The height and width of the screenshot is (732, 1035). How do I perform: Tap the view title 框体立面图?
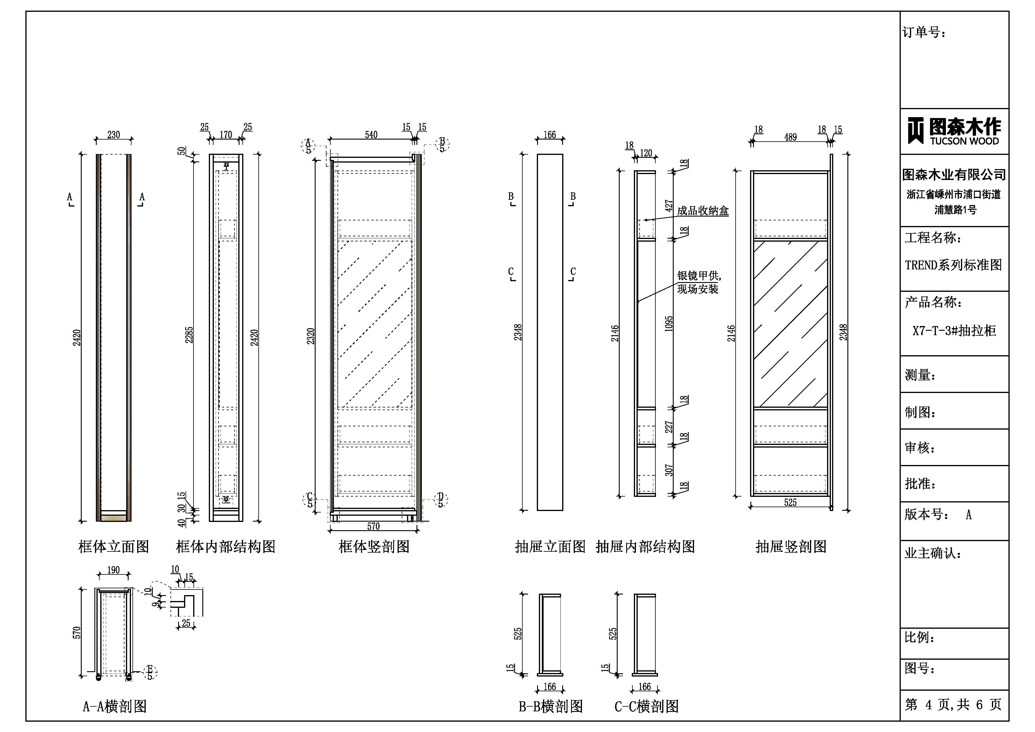click(x=114, y=547)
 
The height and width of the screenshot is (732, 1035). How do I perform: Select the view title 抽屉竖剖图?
click(x=791, y=547)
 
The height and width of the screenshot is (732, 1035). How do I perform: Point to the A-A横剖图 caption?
click(x=115, y=706)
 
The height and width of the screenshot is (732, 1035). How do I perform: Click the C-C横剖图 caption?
click(x=647, y=706)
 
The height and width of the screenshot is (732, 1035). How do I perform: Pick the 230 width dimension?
click(x=114, y=135)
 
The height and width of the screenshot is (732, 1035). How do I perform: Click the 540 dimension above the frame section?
click(x=371, y=135)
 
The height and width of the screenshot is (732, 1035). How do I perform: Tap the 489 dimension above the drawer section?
click(x=790, y=137)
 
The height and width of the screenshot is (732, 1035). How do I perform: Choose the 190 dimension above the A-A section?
click(x=114, y=570)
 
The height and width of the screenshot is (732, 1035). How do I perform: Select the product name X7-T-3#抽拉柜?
click(x=954, y=331)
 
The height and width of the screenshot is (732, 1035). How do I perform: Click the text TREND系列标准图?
click(x=953, y=265)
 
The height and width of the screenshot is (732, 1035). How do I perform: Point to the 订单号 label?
click(x=924, y=32)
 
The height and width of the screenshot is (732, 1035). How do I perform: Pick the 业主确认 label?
click(x=933, y=553)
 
